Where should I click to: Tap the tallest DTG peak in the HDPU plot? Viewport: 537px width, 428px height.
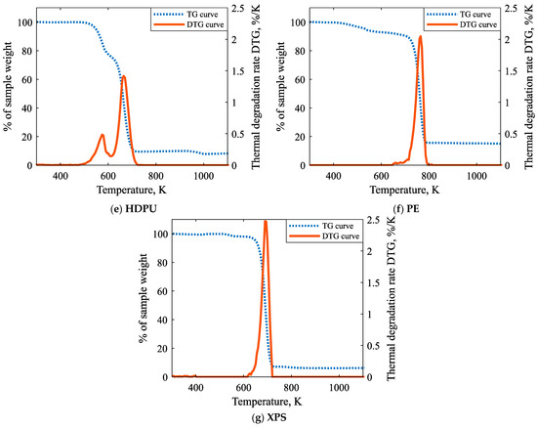124,76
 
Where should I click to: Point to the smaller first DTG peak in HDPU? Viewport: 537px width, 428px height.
103,135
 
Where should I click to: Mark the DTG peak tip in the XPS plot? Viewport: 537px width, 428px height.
266,221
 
